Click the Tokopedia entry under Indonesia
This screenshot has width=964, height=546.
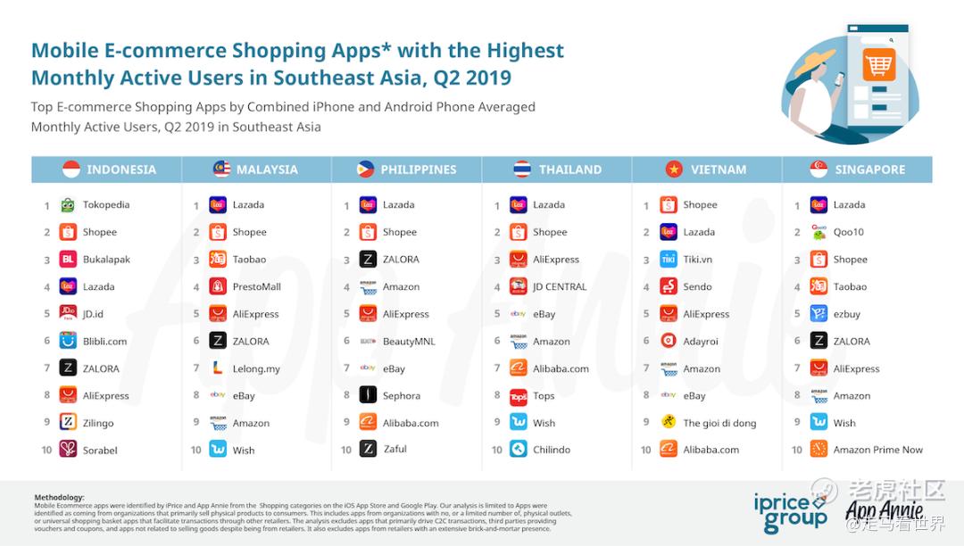tap(105, 205)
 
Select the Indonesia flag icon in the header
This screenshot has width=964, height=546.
tap(71, 170)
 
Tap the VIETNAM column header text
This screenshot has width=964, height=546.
tap(719, 170)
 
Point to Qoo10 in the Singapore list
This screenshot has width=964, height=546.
tap(848, 232)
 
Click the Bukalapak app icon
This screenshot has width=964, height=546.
tap(68, 260)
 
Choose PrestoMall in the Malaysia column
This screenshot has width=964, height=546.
tap(256, 287)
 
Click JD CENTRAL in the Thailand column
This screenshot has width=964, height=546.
tap(560, 287)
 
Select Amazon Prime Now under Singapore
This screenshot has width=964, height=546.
tap(877, 451)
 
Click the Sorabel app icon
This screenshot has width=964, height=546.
tap(68, 450)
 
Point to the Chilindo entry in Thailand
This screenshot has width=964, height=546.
tap(551, 451)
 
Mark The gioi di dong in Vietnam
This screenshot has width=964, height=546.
tap(719, 423)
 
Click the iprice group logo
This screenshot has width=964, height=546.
tap(791, 510)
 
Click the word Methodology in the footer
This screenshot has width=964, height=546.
tap(59, 497)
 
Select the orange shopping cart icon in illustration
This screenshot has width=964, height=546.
tap(878, 65)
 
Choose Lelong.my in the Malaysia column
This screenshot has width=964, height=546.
tap(256, 368)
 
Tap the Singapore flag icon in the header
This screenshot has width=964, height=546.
tap(819, 170)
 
